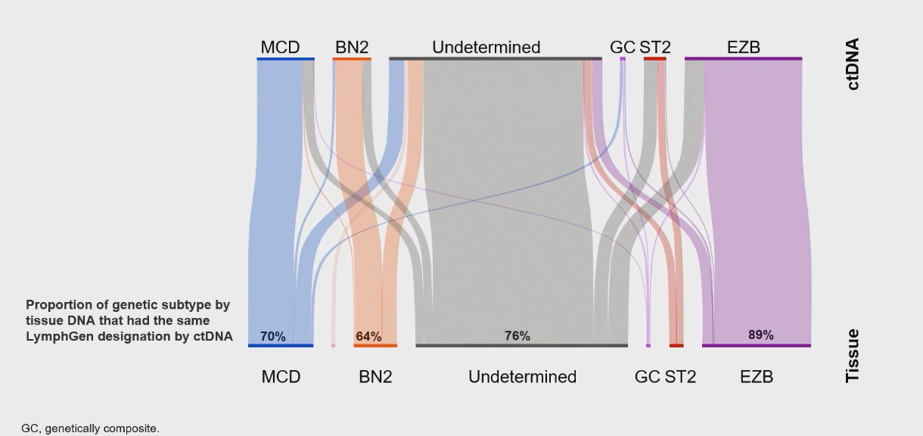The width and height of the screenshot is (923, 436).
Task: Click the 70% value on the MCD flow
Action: pos(273,336)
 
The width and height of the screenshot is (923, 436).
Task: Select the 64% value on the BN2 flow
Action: pos(368,336)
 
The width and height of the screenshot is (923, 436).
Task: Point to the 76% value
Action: pos(517,336)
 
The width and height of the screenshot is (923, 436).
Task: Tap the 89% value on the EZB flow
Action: pos(760,335)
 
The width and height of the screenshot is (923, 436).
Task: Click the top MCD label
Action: pos(280,48)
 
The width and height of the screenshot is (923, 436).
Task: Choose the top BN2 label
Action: pos(352,48)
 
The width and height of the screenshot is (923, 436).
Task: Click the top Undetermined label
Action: pos(486,48)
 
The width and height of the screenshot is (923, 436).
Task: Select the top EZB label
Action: pos(744,48)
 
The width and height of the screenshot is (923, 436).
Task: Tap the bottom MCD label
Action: pos(281,377)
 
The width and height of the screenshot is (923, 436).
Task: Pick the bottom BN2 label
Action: pos(375,377)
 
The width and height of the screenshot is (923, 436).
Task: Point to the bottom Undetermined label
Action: pos(523,377)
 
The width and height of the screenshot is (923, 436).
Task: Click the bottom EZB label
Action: pos(757,377)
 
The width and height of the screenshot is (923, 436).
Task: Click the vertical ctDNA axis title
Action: pos(853,64)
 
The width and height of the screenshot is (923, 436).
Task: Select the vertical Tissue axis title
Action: pos(853,356)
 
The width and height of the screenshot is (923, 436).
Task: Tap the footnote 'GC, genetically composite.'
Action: pos(90,428)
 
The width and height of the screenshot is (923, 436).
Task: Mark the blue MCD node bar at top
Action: pos(285,59)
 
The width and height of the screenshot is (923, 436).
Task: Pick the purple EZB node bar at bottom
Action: pos(757,346)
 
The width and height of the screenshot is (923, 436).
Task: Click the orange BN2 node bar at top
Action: pos(352,59)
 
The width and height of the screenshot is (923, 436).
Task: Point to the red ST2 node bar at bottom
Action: pos(676,346)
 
